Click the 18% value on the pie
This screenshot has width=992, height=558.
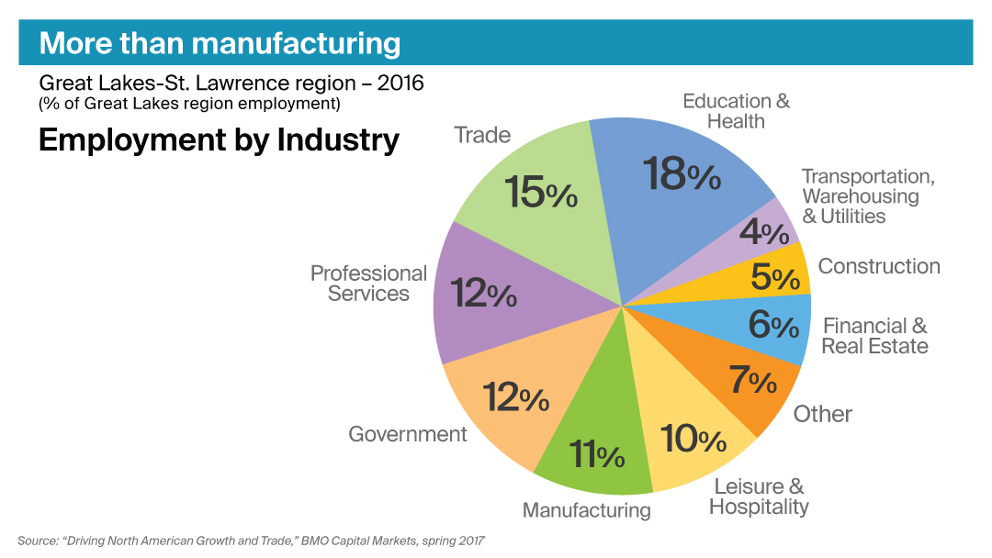tap(681, 173)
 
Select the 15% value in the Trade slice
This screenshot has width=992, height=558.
tap(541, 193)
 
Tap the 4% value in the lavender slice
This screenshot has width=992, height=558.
tap(763, 233)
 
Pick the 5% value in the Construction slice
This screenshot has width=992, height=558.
tap(774, 277)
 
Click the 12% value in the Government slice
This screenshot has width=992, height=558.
tap(515, 397)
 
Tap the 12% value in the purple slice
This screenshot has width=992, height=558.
tap(483, 294)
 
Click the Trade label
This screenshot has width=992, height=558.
tap(482, 136)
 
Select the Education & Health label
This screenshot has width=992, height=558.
tap(736, 111)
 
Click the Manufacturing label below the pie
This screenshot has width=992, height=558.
tap(586, 510)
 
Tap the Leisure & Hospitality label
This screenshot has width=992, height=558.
tap(759, 497)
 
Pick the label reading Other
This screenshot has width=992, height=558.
tap(823, 414)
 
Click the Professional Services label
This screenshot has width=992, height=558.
tap(368, 284)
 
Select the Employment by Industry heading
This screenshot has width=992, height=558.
tap(219, 140)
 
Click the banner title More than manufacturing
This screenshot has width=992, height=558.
tap(220, 43)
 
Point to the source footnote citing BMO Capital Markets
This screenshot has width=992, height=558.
tap(250, 541)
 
